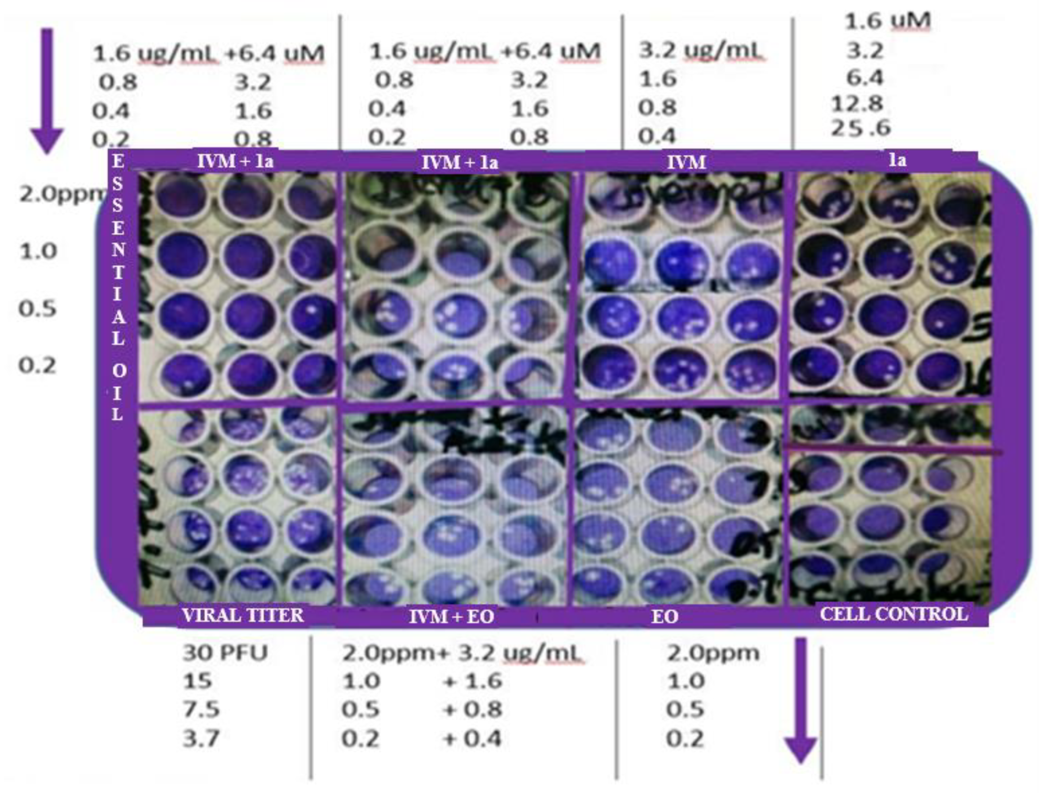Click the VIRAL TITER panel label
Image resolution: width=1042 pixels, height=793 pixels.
(243, 615)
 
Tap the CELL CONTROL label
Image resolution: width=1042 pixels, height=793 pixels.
(894, 614)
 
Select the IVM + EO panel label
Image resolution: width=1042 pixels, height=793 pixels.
(451, 616)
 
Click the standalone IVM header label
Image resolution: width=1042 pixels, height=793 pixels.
(686, 163)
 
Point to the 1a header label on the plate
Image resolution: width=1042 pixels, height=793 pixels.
(897, 161)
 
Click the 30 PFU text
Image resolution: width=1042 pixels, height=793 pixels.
(225, 653)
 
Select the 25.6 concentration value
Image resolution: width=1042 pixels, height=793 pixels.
(861, 128)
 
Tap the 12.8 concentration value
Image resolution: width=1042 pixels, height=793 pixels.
(857, 103)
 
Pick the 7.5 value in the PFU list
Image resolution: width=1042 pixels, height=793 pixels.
(201, 710)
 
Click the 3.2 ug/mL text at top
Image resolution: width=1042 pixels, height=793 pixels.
(700, 51)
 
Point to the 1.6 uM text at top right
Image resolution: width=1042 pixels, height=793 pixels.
(887, 21)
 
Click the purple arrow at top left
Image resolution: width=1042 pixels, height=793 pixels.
(47, 90)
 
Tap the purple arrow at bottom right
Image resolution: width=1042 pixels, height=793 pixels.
(800, 699)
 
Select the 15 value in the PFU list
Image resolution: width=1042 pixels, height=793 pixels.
(198, 681)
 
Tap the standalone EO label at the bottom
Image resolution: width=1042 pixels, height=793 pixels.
(664, 616)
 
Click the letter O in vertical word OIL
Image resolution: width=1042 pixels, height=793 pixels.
(119, 371)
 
